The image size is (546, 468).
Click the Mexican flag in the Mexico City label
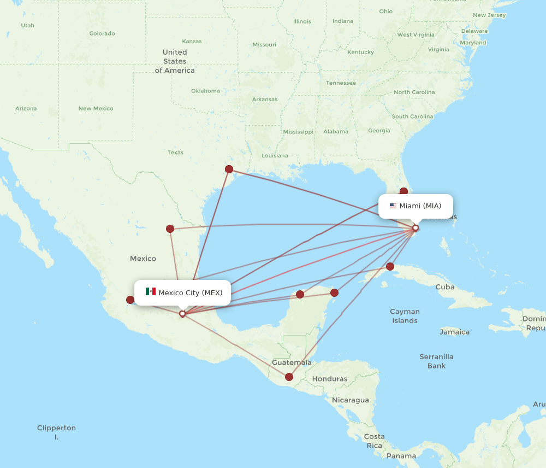[151, 292]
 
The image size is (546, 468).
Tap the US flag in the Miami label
[393, 206]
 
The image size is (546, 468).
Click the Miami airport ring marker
[416, 228]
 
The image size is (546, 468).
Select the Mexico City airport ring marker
[182, 314]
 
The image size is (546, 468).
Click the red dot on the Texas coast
[229, 169]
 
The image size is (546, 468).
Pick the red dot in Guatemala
[289, 377]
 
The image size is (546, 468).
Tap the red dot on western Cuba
[390, 267]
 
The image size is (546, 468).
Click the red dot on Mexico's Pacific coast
[130, 300]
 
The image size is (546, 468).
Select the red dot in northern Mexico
[170, 229]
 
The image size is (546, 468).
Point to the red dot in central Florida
[403, 191]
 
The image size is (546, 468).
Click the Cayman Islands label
[405, 316]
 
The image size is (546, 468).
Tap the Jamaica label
[454, 332]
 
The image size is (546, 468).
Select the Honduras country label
[329, 379]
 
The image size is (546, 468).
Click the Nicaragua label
[350, 400]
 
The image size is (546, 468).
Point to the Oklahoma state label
[205, 91]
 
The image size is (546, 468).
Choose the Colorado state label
[102, 33]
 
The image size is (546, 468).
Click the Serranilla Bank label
[436, 361]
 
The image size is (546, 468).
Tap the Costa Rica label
[374, 441]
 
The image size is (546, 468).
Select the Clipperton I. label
[56, 432]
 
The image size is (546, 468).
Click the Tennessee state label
[341, 83]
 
